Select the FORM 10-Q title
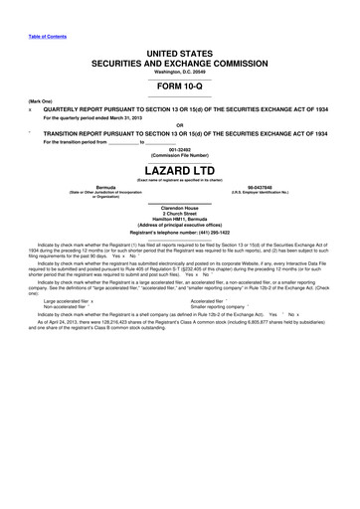180,85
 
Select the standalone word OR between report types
180,125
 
